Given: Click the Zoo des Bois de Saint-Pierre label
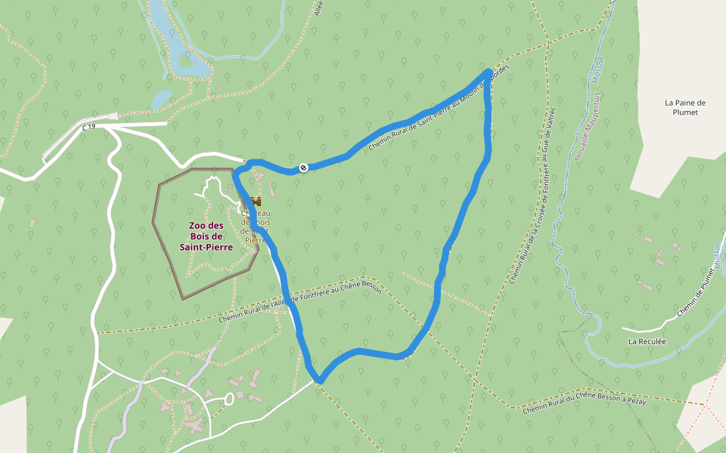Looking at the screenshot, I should tap(206, 236).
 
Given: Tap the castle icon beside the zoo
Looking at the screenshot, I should tap(255, 202).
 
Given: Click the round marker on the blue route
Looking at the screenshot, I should tap(303, 167).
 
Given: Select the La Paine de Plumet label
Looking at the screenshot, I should tap(685, 107).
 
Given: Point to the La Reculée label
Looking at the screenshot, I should tap(647, 341).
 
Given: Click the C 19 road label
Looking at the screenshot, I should tap(89, 128).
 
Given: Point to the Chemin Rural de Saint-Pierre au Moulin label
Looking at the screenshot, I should tap(439, 109).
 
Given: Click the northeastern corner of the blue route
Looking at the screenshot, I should tap(488, 73).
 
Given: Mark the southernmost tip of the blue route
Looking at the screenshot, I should tap(320, 381).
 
